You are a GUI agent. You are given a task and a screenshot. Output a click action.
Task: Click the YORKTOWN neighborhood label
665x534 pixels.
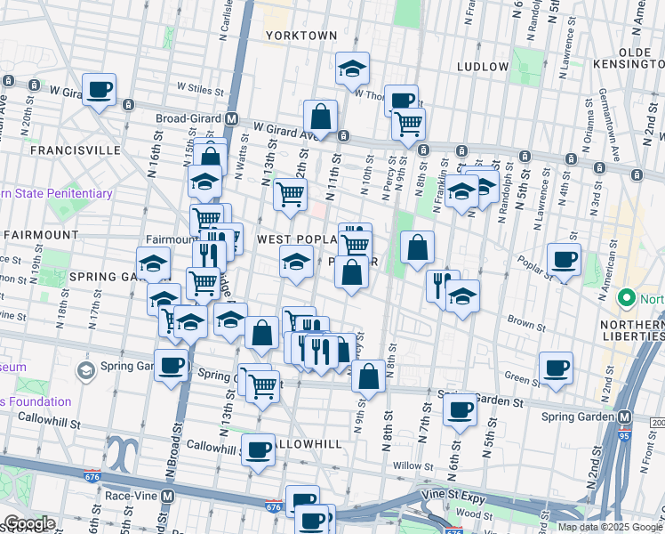(x=301, y=36)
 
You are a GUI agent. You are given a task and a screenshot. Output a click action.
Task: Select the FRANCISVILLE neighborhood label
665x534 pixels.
(x=75, y=150)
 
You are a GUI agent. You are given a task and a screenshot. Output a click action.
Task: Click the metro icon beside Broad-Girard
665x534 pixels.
(x=231, y=118)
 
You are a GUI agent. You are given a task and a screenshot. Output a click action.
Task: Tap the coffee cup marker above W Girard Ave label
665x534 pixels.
(x=100, y=89)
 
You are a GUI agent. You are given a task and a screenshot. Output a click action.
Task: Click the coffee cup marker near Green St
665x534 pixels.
(x=556, y=368)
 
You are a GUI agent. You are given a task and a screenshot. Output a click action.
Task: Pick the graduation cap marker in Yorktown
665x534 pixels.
(x=352, y=68)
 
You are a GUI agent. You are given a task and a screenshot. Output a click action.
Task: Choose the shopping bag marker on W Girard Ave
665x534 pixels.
(x=320, y=117)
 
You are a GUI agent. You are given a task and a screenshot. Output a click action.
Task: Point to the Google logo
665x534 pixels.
(x=29, y=522)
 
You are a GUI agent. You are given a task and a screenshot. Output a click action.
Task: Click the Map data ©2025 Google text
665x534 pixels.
(x=610, y=527)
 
